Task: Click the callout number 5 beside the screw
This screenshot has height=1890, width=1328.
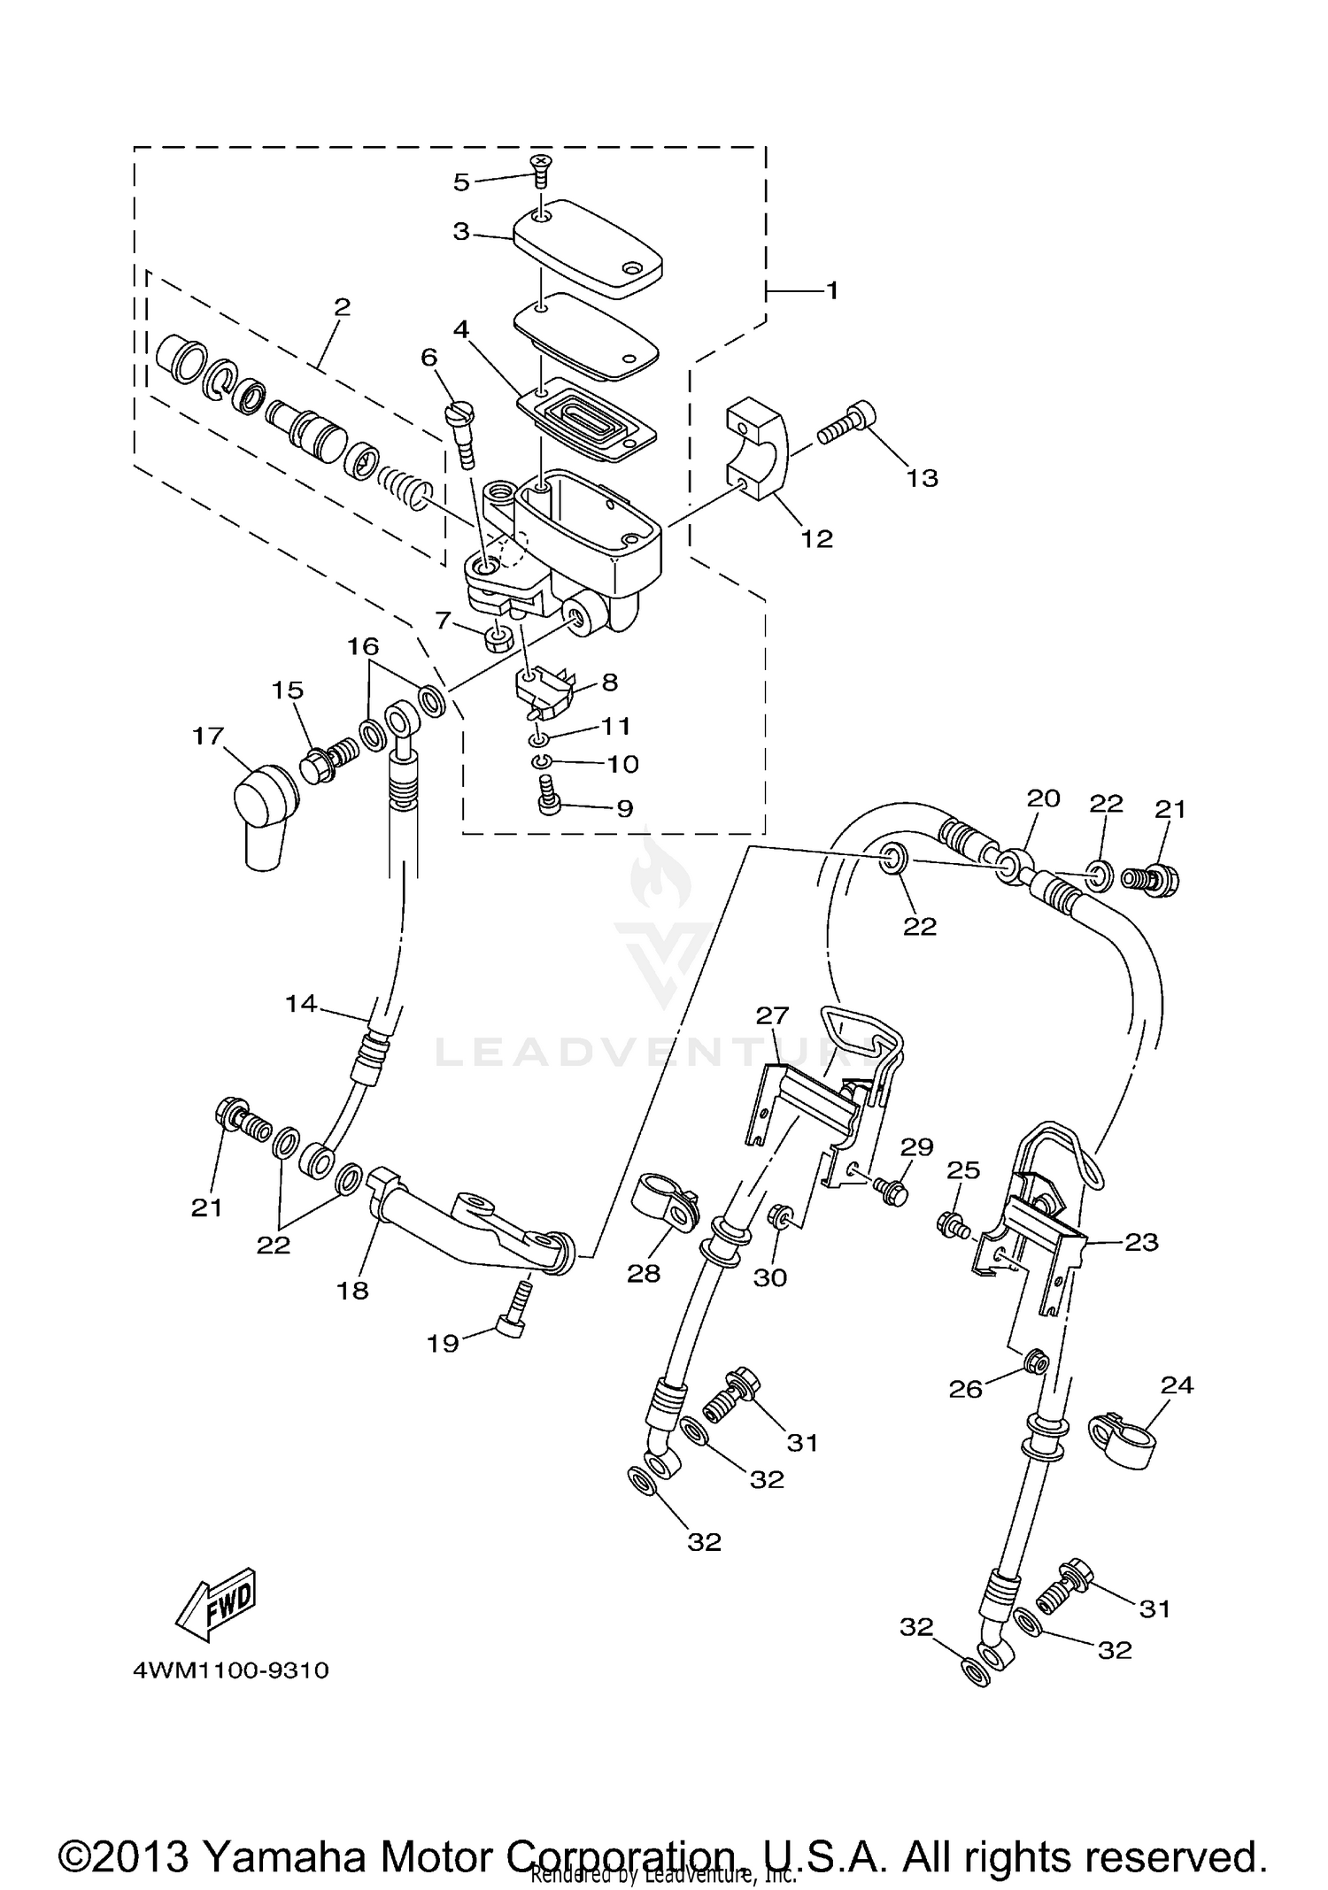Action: tap(460, 182)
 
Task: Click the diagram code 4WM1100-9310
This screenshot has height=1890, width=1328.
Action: tap(230, 1670)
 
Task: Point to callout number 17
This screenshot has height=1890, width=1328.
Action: tap(209, 736)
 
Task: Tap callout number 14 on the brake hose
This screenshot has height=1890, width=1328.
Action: tap(301, 1003)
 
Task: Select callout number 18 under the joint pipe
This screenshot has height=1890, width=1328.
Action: tap(352, 1290)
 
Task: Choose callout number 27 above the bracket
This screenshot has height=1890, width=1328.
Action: tap(772, 1015)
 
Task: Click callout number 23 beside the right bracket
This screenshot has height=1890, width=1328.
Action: tap(1140, 1242)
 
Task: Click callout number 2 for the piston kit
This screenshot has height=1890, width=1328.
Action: tap(343, 306)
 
